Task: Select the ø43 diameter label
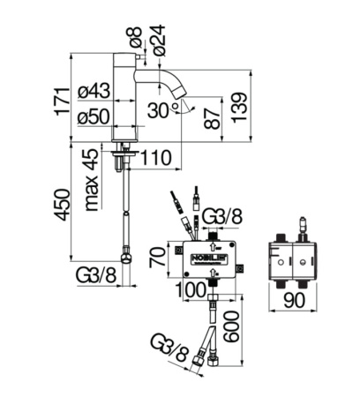coord(94,91)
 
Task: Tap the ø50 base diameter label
coord(94,117)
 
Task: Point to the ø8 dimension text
coord(136,37)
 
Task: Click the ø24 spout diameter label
coord(159,41)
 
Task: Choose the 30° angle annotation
coord(163,110)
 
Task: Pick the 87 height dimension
coord(212,118)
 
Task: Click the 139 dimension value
coord(238,108)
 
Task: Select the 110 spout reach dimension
coord(156,158)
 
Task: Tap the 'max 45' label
coord(91,180)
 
